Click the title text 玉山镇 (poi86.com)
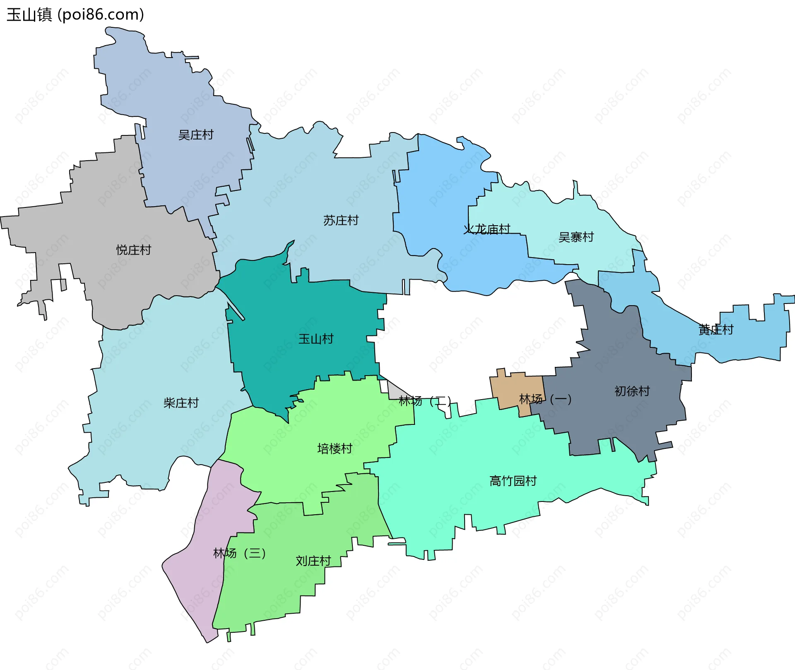point(75,14)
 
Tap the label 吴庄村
point(195,135)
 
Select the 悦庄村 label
point(134,250)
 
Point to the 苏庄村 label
point(341,220)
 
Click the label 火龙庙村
point(487,229)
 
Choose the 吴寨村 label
point(576,237)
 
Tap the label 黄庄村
point(716,330)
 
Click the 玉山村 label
point(316,339)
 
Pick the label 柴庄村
point(181,403)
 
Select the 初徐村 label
point(632,391)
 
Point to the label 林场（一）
point(545,400)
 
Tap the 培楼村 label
point(335,448)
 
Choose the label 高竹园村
point(513,481)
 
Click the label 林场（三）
point(239,553)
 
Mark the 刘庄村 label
point(313,561)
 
